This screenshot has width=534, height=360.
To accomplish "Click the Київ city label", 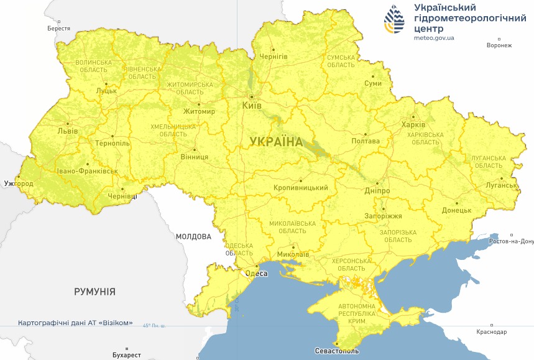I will tap(252, 106).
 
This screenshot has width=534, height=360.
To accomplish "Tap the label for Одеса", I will tap(256, 274).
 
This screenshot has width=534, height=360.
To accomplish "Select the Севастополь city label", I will tap(336, 351).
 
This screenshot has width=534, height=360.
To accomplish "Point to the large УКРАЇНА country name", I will tap(276, 142).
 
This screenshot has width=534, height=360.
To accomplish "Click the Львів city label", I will tap(67, 131).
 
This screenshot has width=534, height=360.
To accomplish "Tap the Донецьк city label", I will tap(456, 210).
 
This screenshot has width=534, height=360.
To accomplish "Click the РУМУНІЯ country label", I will tap(94, 291).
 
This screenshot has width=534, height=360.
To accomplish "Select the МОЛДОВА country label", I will tap(193, 236).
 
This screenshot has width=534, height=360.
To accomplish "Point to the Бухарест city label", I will tap(123, 355).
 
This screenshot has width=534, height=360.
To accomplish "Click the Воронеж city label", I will tap(499, 45).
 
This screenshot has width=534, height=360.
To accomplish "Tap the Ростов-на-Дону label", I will tap(512, 241).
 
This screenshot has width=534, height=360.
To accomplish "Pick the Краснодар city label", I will tap(492, 332).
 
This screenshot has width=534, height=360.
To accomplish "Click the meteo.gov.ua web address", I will tap(434, 38).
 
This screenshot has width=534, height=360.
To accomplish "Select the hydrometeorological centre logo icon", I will tap(394, 21).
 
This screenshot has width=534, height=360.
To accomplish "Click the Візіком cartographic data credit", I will tap(75, 323).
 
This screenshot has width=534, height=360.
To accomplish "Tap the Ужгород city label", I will tap(18, 183).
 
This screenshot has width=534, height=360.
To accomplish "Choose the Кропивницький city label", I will tap(300, 187).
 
